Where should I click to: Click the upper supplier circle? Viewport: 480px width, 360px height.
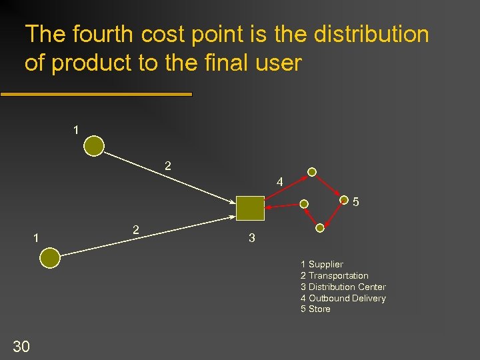click(95, 146)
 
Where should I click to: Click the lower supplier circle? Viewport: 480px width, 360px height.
click(50, 258)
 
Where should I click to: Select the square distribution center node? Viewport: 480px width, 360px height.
click(250, 208)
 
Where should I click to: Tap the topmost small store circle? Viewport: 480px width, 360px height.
click(311, 171)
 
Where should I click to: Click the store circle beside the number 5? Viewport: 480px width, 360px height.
click(344, 199)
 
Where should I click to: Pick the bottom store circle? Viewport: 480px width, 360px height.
click(320, 228)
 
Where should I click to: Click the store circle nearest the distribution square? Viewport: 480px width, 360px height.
click(304, 203)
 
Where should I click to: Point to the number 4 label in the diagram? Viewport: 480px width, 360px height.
click(279, 181)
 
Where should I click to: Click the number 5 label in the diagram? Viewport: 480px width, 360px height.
click(356, 201)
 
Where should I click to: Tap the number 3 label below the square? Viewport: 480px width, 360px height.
click(251, 238)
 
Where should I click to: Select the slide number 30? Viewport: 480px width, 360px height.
click(21, 345)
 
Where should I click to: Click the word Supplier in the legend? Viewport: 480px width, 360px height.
click(325, 265)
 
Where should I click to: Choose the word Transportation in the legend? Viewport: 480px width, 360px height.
click(338, 276)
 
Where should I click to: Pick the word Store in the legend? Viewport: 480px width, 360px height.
click(319, 309)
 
